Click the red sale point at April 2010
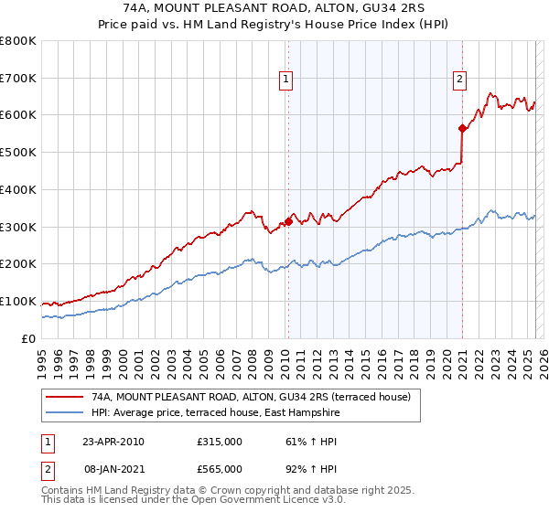[288, 220]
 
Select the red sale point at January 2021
[463, 128]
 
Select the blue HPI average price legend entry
[215, 413]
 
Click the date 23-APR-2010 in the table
[113, 442]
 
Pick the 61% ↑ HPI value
[309, 442]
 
